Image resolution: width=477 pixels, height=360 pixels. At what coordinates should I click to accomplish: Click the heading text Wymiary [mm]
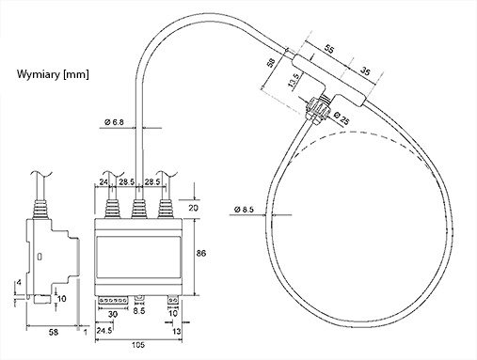click(x=53, y=74)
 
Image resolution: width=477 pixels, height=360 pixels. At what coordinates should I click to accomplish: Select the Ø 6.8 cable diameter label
click(x=114, y=122)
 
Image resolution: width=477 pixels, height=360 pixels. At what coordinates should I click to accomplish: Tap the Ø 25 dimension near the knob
click(x=342, y=118)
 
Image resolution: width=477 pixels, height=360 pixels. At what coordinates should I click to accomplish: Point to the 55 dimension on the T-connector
click(x=329, y=50)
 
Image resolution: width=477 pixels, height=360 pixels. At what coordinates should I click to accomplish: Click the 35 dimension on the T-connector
click(x=364, y=70)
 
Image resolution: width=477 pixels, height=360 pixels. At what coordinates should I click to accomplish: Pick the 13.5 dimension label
click(x=293, y=80)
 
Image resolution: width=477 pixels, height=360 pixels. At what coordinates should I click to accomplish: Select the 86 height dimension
click(x=201, y=253)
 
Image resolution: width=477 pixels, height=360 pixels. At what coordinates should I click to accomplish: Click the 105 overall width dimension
click(x=138, y=345)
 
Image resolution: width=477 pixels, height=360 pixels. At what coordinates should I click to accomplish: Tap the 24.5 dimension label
click(x=104, y=331)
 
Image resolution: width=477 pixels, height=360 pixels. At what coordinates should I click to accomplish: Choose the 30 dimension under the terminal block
click(x=113, y=314)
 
